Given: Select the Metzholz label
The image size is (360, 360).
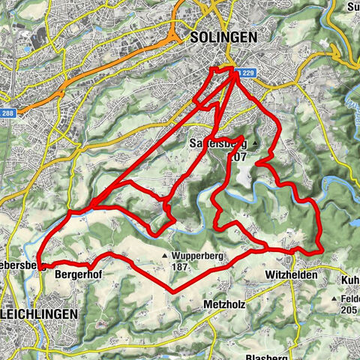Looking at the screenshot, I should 223,305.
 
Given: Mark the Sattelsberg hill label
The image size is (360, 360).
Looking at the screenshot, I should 217,144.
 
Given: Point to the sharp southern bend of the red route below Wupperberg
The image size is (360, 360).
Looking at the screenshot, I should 172,291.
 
